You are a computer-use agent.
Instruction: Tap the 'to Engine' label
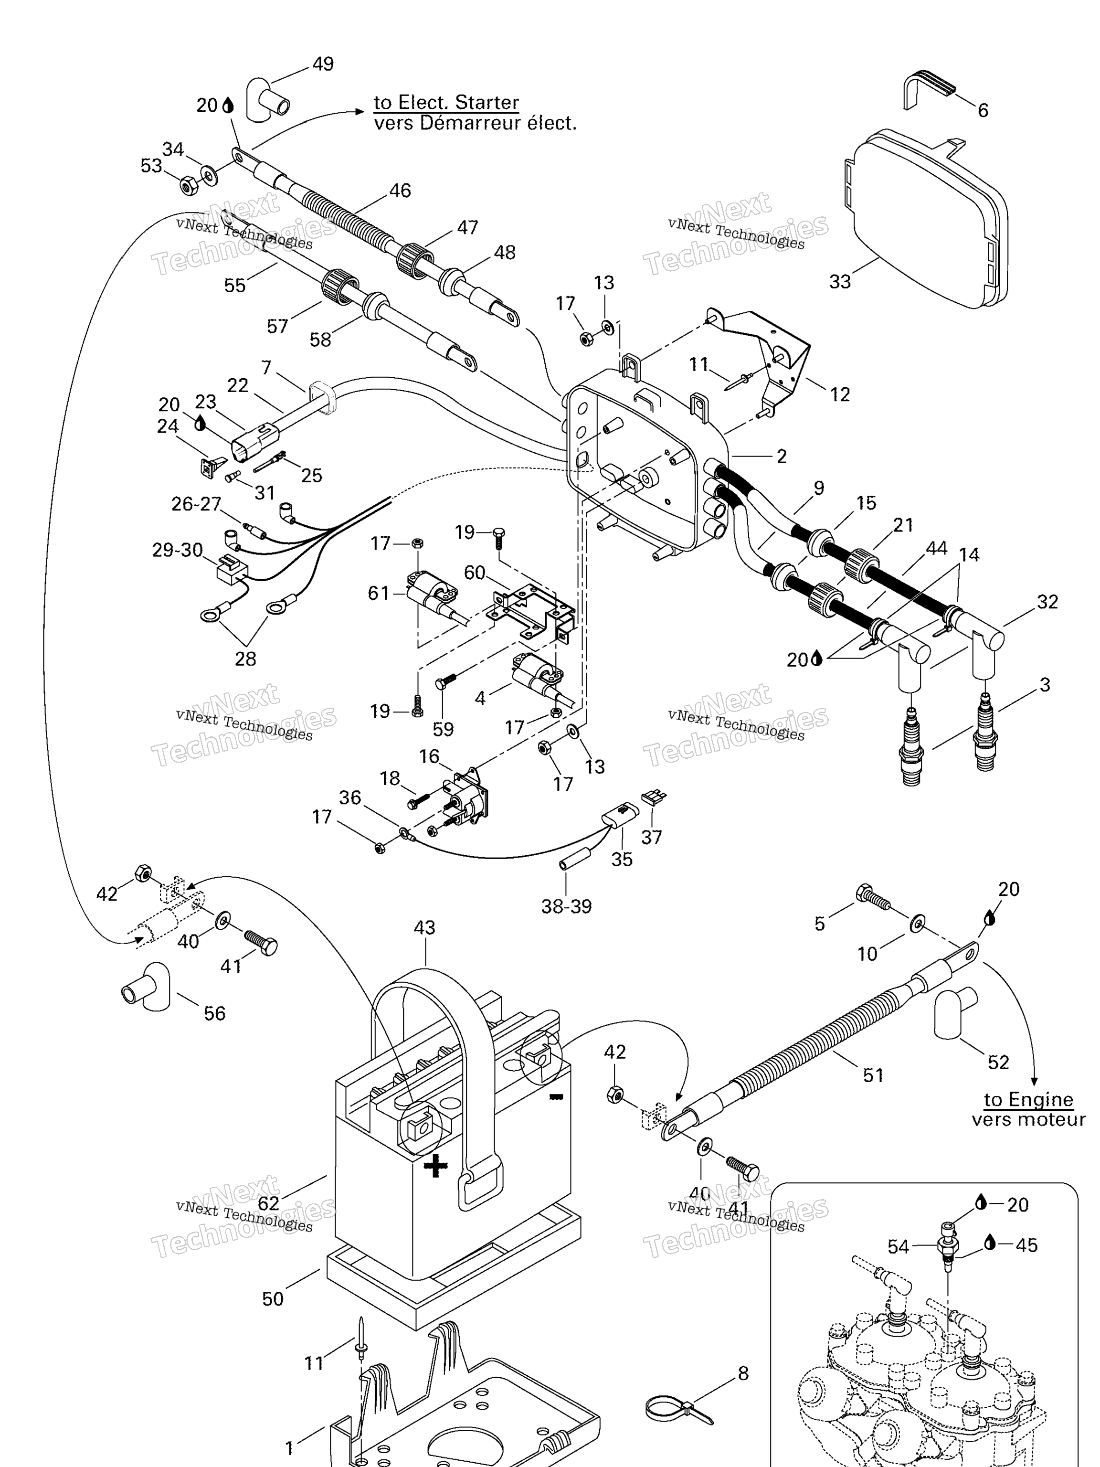1028,1100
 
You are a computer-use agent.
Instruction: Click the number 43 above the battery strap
424,928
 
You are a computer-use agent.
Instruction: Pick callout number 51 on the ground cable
873,1075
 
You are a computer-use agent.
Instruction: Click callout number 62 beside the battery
268,1202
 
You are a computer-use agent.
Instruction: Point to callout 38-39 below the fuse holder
566,906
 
